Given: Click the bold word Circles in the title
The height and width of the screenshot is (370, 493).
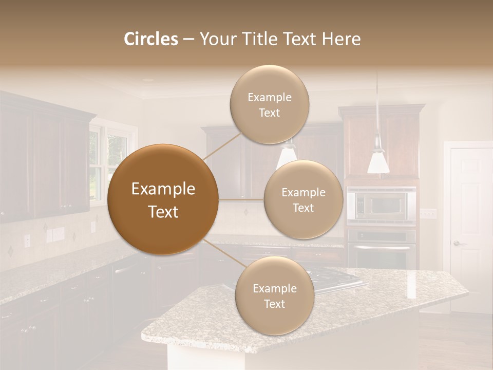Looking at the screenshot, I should point(151,39).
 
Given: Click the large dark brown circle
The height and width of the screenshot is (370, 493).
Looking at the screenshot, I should point(163,199).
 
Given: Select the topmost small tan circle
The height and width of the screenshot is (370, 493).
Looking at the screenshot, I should point(269,104).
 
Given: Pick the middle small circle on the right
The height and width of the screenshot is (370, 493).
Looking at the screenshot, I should point(303,199).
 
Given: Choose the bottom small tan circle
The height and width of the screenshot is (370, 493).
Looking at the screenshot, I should point(274,295).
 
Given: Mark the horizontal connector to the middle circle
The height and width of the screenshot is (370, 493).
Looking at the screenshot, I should point(241,199).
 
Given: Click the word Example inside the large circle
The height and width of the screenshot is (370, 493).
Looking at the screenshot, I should point(163,189).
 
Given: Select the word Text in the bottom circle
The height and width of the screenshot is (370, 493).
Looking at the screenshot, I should point(274,304).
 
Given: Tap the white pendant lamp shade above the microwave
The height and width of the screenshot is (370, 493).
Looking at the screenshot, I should point(378,161).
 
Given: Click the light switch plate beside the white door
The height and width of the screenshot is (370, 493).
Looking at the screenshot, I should point(428,213).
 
